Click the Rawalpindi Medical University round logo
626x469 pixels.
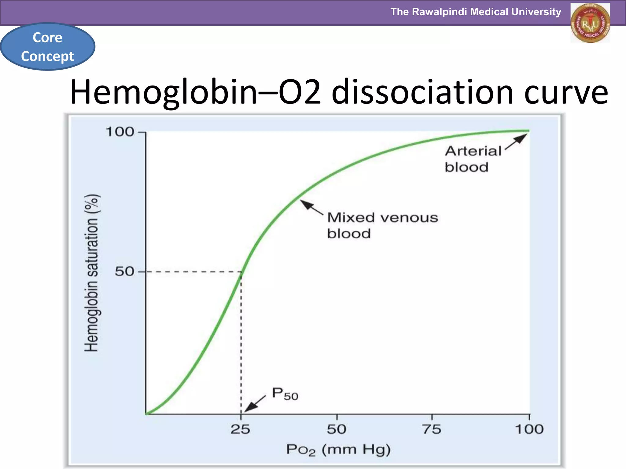(x=590, y=23)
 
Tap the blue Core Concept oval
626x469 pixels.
(x=48, y=47)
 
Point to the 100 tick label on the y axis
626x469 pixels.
(x=120, y=132)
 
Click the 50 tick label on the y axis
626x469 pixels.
(x=124, y=271)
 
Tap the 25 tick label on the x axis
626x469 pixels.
(x=240, y=430)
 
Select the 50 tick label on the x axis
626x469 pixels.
(x=337, y=430)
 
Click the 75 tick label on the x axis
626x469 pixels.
(x=432, y=430)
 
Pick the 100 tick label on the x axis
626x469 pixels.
(x=529, y=430)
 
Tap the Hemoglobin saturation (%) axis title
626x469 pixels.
(x=91, y=273)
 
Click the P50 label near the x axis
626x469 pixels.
(x=285, y=394)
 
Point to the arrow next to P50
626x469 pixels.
(x=256, y=404)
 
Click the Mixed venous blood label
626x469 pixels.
(x=382, y=225)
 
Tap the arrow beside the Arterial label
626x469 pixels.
(x=516, y=142)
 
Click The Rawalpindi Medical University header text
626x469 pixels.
(x=476, y=12)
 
